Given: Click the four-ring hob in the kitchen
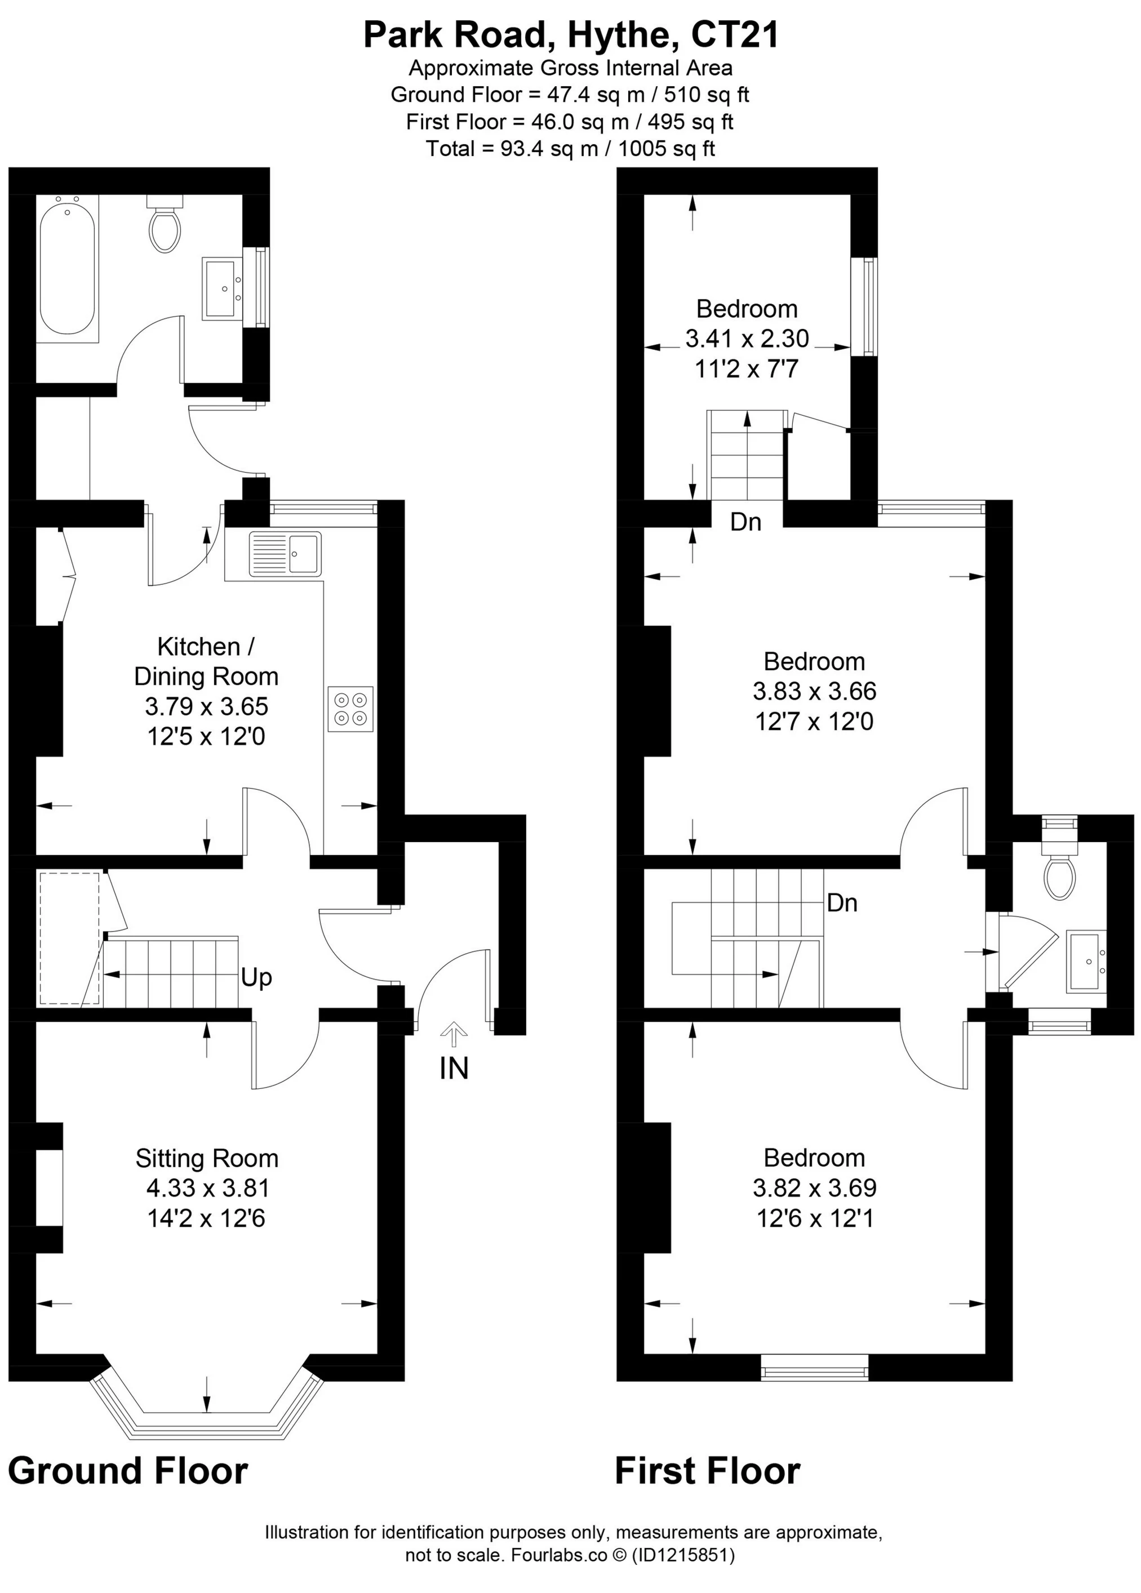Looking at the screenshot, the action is [x=350, y=709].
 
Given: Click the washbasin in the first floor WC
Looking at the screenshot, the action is [x=1087, y=962].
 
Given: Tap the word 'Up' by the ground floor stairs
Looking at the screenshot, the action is [x=256, y=978].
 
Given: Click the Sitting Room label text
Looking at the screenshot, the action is [x=207, y=1158].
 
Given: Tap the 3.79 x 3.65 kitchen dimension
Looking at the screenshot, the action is [x=207, y=706].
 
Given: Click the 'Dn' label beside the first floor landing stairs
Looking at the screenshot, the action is [x=842, y=902].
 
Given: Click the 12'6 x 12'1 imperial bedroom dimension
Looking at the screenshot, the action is [x=815, y=1218].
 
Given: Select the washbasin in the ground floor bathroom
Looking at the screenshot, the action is [x=223, y=288].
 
